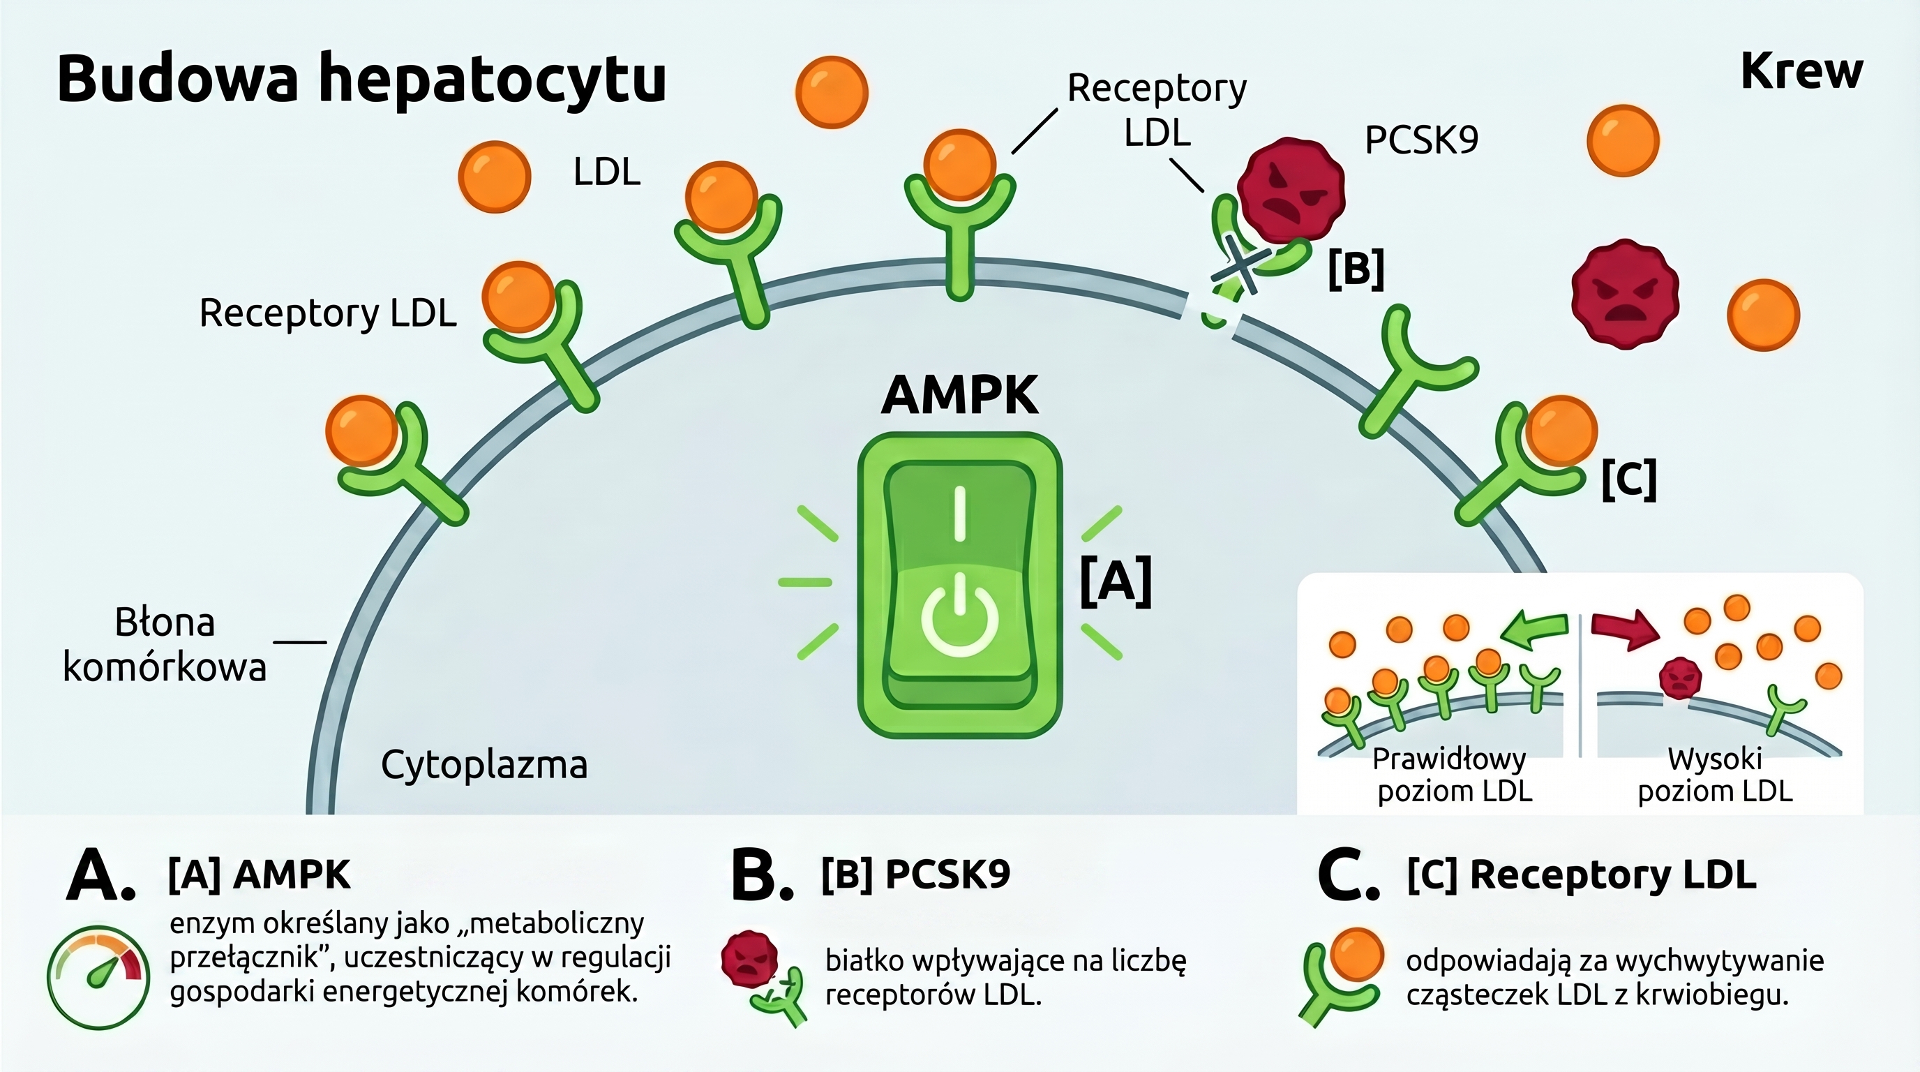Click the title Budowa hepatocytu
tap(361, 79)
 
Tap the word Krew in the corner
tap(1801, 73)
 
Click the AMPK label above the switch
tap(959, 395)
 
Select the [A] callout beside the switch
tap(1116, 581)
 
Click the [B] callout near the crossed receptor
tap(1356, 269)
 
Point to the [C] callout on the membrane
tap(1629, 479)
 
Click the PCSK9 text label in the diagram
tap(1420, 140)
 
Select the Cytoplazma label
tap(483, 765)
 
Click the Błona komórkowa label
tap(165, 644)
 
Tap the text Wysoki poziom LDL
tap(1714, 775)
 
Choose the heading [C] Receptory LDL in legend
tap(1582, 874)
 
